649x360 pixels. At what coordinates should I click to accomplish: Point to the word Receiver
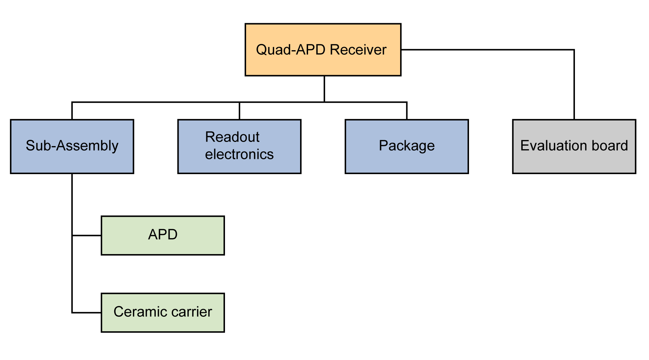[358, 50]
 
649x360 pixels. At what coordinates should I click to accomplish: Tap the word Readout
[232, 137]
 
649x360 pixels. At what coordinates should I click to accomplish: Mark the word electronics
[239, 154]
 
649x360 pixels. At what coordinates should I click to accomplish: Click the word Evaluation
[554, 146]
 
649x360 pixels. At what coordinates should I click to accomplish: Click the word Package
[406, 146]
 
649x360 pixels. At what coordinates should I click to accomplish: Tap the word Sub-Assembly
[72, 146]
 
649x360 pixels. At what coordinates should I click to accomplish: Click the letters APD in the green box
[163, 235]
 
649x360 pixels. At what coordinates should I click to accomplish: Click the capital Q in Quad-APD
[261, 50]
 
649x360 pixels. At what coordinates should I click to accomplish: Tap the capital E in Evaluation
[524, 146]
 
